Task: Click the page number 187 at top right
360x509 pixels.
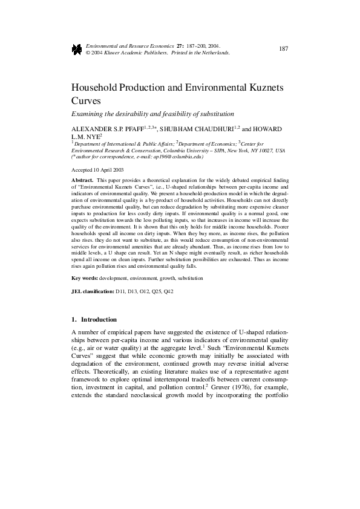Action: click(x=283, y=48)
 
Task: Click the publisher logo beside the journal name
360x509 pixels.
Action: click(x=77, y=49)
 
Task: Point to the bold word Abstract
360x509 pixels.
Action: click(x=82, y=180)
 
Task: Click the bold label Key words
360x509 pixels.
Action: click(x=84, y=277)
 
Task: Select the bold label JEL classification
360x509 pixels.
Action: click(x=93, y=291)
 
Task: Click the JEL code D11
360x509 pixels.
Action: click(x=121, y=291)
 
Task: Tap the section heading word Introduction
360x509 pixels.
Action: click(x=98, y=319)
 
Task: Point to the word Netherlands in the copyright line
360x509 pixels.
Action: click(x=215, y=53)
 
